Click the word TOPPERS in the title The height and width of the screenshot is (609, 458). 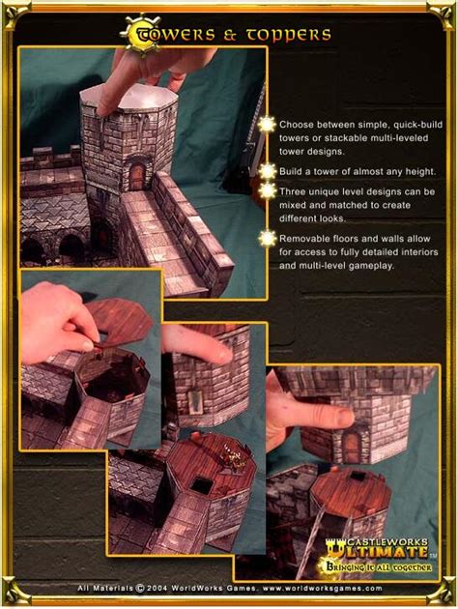(x=288, y=36)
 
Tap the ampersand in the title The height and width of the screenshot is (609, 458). (x=230, y=36)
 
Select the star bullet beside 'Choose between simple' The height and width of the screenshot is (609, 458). (x=267, y=125)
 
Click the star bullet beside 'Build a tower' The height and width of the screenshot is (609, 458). (x=267, y=171)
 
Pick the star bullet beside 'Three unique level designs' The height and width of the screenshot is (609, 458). (x=267, y=191)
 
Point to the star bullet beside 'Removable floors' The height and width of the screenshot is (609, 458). (x=267, y=239)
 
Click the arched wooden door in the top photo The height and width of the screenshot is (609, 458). (x=136, y=177)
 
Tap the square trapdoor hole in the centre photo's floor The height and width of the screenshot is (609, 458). (x=202, y=485)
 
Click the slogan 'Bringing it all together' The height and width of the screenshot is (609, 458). (x=379, y=567)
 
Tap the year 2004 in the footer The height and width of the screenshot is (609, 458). (x=157, y=588)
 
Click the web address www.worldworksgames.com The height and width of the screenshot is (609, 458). (x=323, y=588)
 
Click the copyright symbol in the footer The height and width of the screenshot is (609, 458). (x=140, y=588)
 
